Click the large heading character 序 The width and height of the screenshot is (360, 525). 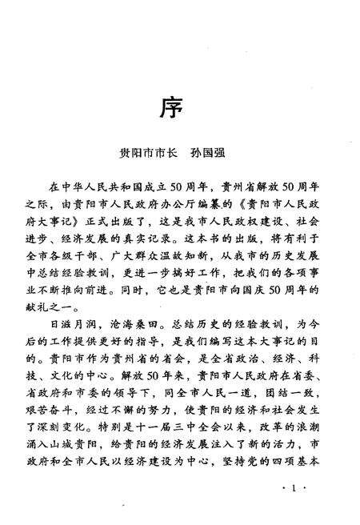pyautogui.click(x=180, y=106)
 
